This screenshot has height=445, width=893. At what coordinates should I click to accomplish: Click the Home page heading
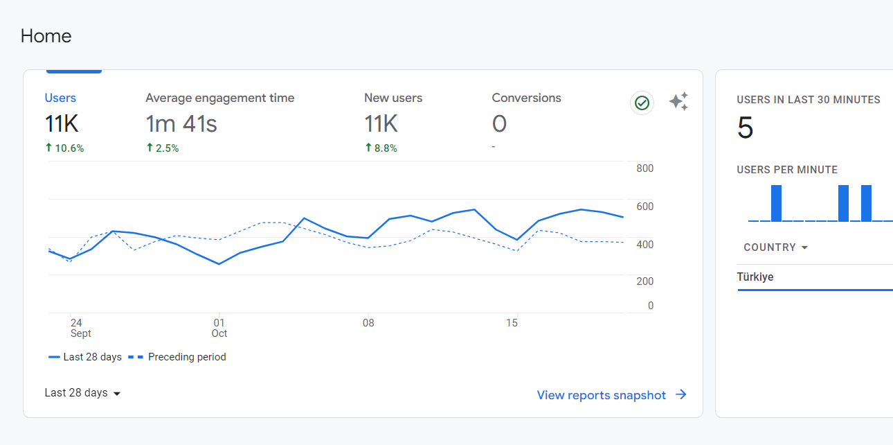(46, 36)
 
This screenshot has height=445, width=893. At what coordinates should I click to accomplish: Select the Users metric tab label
(60, 98)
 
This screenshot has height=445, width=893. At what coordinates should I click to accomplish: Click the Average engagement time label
(219, 98)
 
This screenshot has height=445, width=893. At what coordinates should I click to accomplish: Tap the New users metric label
(393, 98)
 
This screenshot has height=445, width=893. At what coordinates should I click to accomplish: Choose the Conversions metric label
(526, 98)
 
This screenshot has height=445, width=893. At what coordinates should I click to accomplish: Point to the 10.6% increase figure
(64, 148)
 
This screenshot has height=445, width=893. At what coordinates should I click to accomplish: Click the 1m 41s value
(181, 123)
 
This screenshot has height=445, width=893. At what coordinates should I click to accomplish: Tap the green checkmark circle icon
(642, 103)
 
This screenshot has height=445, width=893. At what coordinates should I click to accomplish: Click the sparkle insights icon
(678, 101)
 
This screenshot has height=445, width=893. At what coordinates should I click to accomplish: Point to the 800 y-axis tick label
(644, 168)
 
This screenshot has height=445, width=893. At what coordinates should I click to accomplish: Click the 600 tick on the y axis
(644, 207)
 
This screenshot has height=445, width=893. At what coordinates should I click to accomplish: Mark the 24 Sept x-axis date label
(80, 328)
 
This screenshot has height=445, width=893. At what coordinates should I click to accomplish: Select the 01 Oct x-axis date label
(219, 328)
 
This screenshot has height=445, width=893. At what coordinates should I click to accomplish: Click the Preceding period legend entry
(177, 357)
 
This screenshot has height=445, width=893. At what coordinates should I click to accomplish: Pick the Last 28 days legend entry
(85, 357)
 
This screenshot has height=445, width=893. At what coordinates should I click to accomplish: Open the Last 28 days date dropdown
(82, 393)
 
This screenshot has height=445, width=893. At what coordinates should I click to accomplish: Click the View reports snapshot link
(612, 395)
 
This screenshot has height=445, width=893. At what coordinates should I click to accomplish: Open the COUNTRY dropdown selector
(775, 247)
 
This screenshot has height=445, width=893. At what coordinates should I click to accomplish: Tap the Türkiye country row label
(755, 277)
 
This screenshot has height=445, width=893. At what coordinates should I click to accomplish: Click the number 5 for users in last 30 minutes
(745, 128)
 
